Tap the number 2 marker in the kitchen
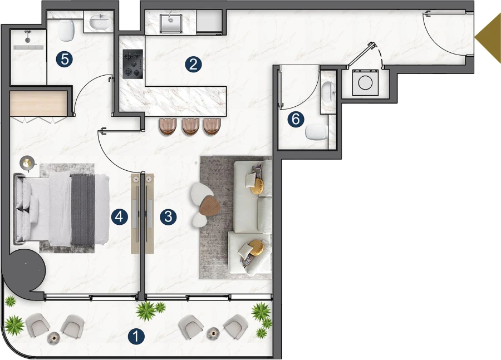pos(193,64)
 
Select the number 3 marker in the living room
pos(169,216)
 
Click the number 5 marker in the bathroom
pos(65,59)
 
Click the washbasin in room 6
pos(328,90)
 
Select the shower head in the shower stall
pos(26,39)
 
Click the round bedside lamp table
pos(27,162)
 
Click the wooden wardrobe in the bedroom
pos(38,104)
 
